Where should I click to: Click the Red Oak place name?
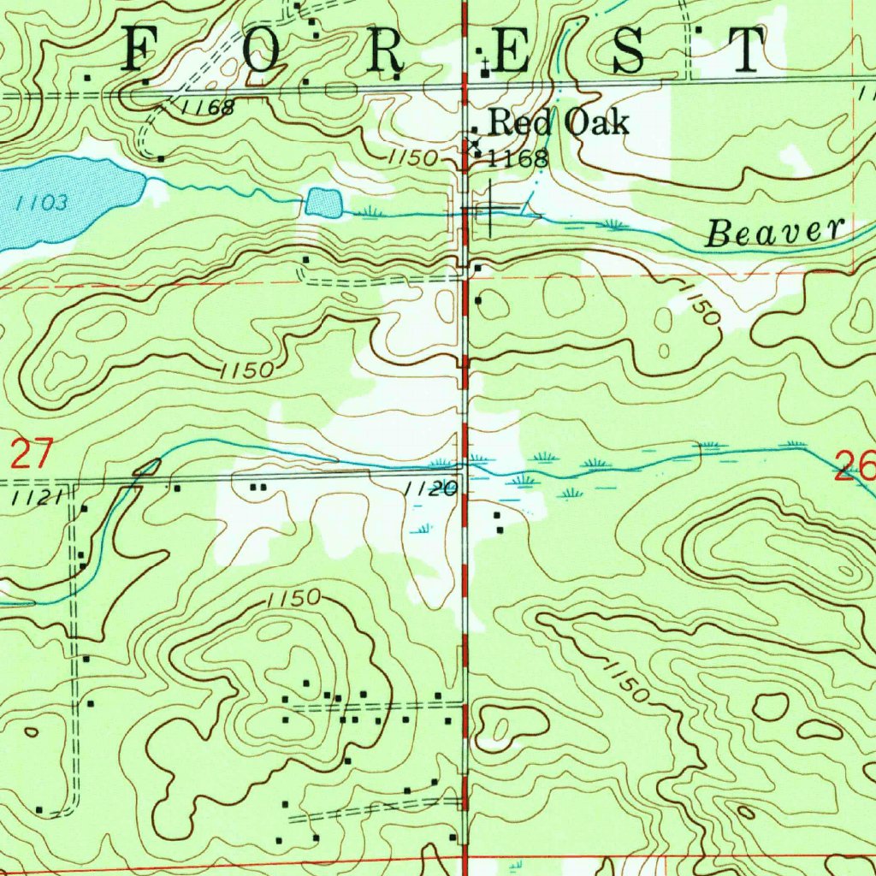click(559, 123)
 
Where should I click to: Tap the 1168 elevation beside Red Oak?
click(517, 158)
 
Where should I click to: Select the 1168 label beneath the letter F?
click(208, 108)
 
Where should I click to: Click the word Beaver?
click(774, 232)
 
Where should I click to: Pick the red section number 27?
click(32, 453)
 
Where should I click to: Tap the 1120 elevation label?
click(429, 489)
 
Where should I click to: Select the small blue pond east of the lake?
click(323, 203)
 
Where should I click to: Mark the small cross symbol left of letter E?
click(485, 63)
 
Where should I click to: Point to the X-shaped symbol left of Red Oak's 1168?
click(472, 145)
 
